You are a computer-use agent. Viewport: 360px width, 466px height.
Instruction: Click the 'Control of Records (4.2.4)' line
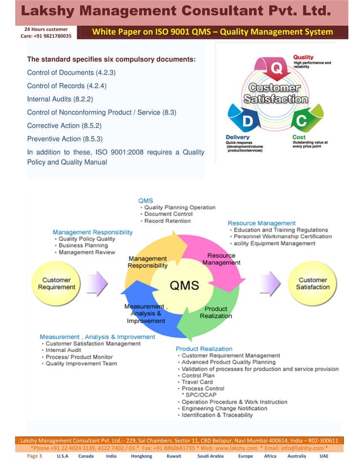(x=67, y=86)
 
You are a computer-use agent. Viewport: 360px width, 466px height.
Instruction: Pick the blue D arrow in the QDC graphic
(x=247, y=119)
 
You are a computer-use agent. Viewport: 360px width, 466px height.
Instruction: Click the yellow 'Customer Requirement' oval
(x=56, y=283)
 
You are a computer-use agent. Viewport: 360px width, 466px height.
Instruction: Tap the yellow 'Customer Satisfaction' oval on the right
(x=313, y=283)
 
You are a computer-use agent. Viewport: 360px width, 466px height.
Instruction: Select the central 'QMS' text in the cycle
(x=185, y=285)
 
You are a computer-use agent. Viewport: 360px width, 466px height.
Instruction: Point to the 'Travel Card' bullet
(x=197, y=382)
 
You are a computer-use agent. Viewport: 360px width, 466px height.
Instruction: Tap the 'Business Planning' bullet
(x=83, y=245)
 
